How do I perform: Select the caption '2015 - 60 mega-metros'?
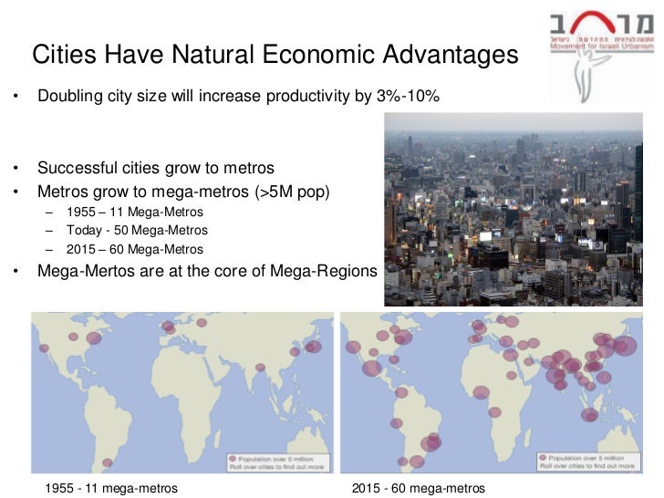(417, 488)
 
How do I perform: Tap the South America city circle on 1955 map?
(108, 462)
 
